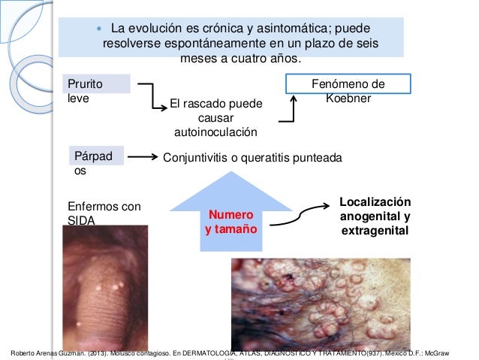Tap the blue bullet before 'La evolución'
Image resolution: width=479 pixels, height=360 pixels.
[x=98, y=29]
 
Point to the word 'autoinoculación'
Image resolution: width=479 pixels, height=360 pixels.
[x=215, y=132]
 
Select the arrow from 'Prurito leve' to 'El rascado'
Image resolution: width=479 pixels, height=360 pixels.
[x=155, y=96]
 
